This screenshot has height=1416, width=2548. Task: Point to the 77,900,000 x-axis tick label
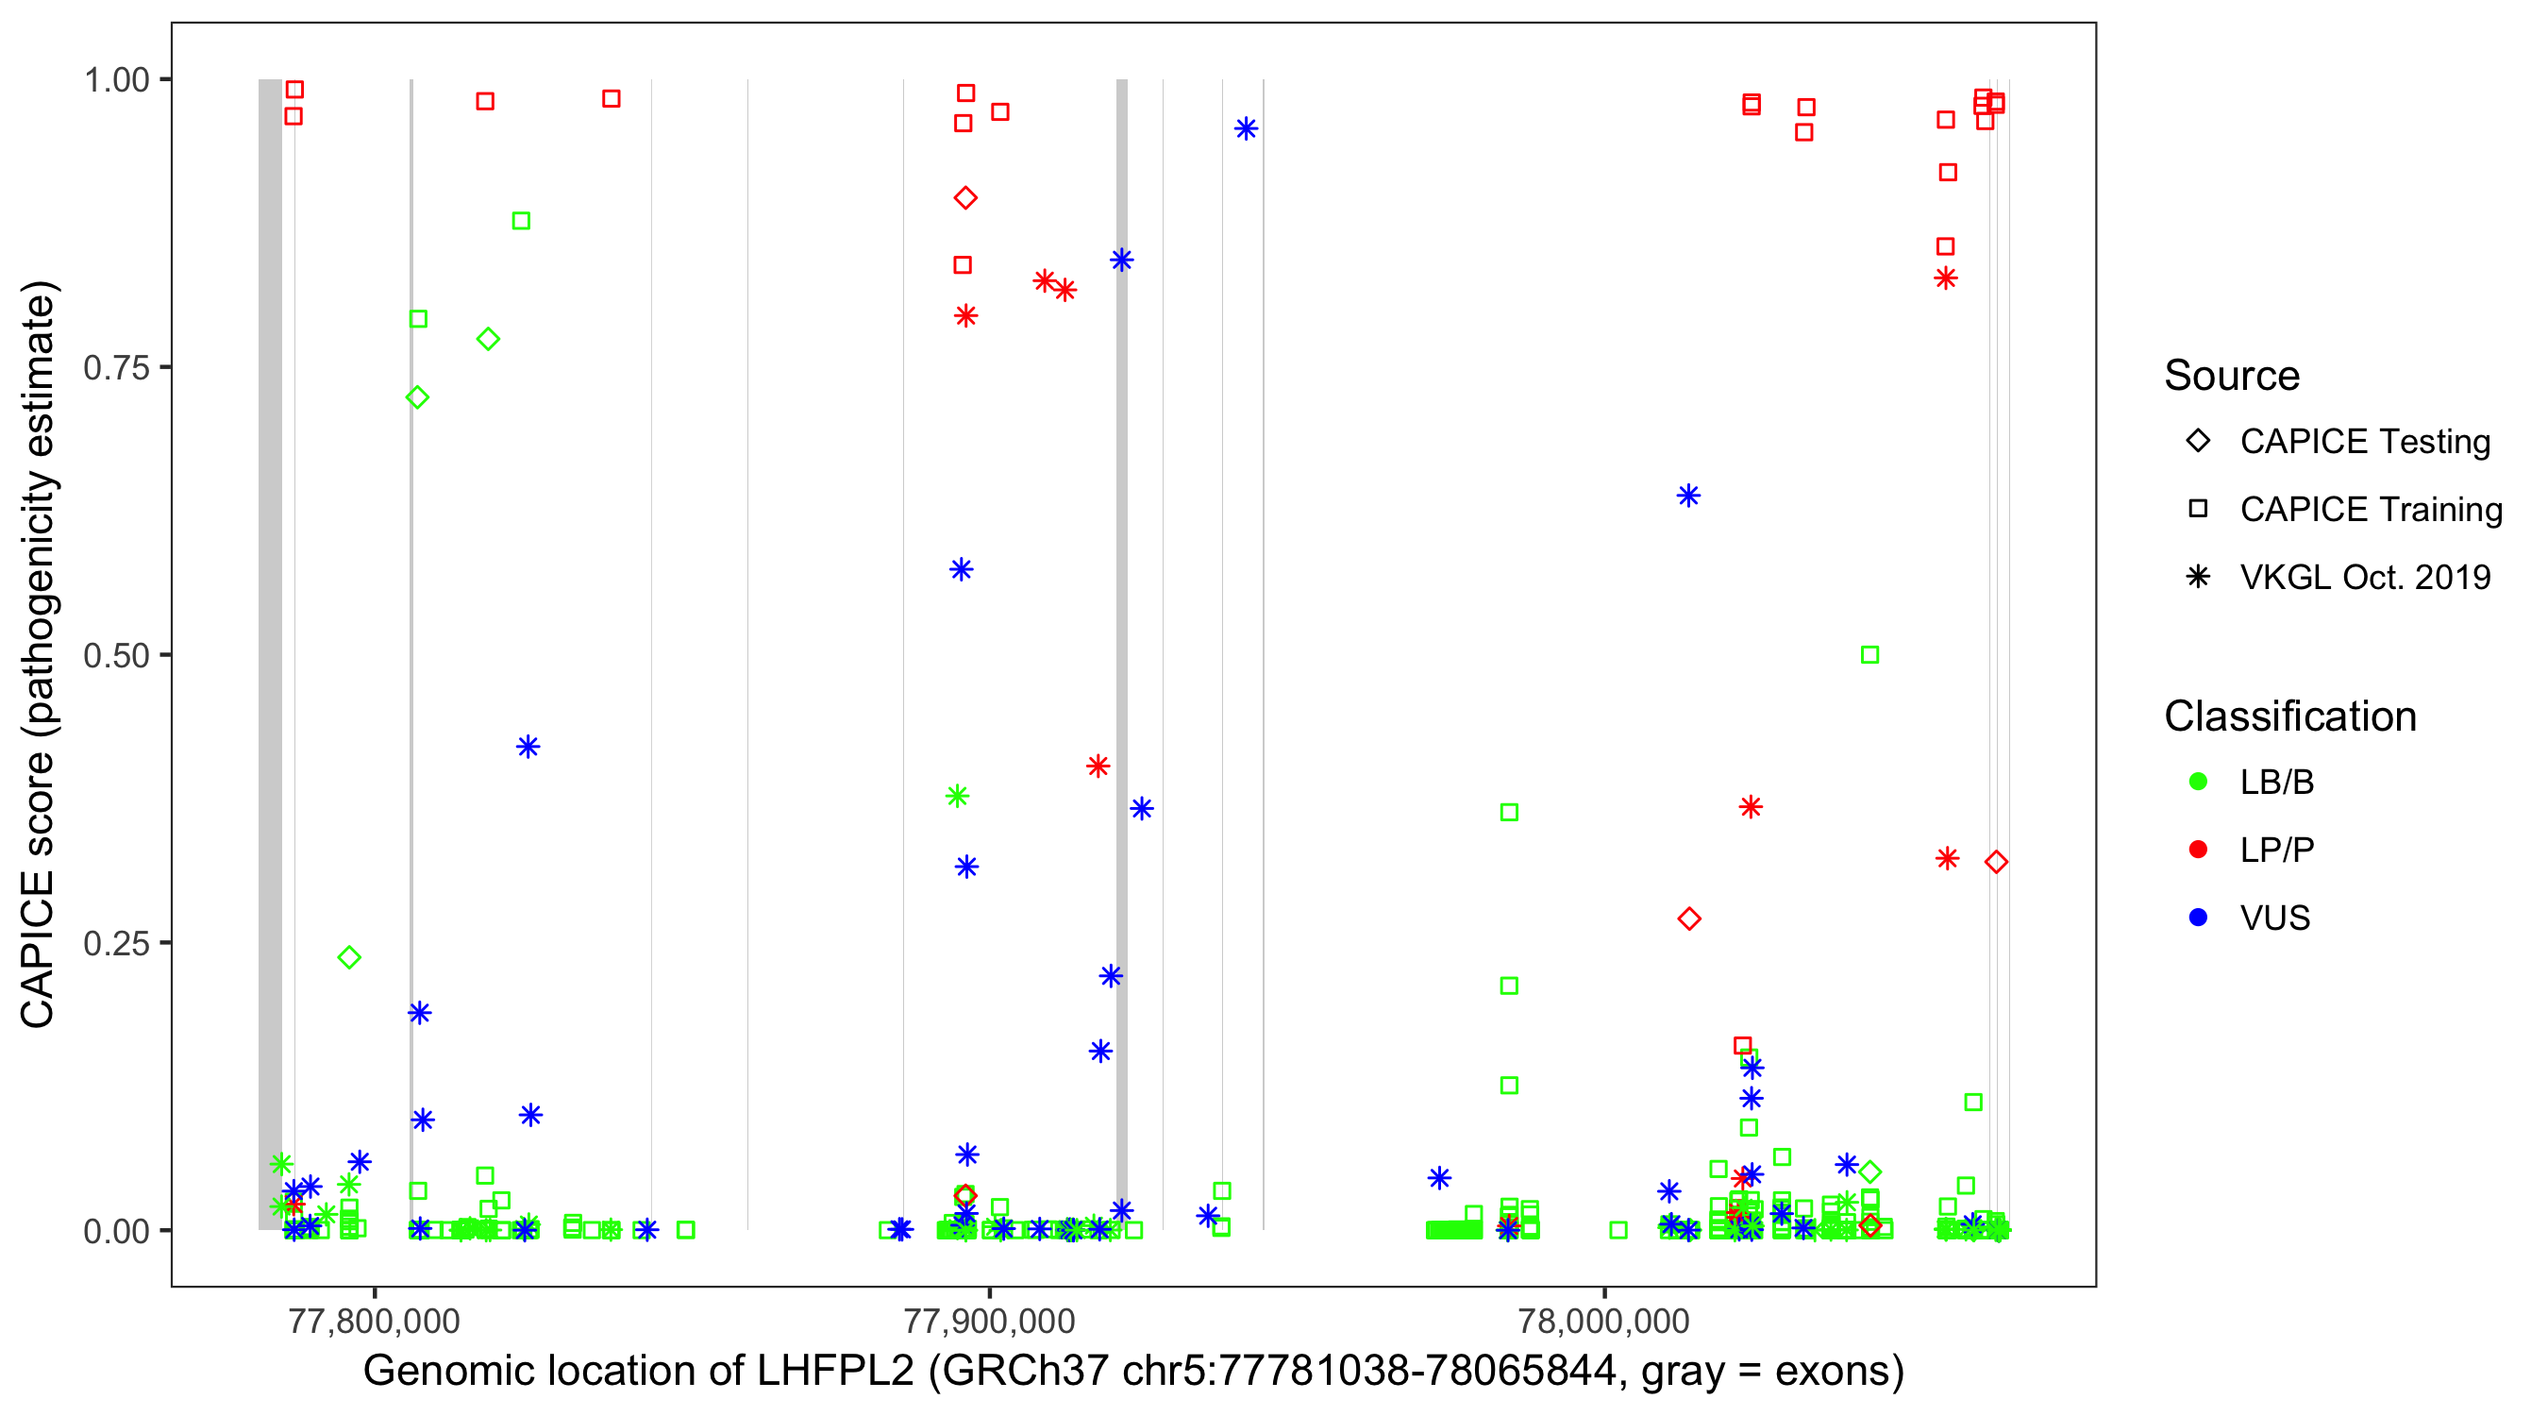(x=989, y=1321)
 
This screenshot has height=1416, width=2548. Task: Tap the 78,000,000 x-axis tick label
(x=1603, y=1321)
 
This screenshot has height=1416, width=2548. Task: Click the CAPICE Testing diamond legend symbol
(x=2198, y=442)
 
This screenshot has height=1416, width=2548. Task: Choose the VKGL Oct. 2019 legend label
(x=2365, y=577)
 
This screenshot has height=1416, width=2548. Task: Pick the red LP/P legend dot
(x=2198, y=850)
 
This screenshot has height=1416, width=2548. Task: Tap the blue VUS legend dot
(x=2198, y=918)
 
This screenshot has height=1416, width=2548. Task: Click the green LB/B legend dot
(x=2198, y=782)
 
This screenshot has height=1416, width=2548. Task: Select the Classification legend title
(x=2289, y=716)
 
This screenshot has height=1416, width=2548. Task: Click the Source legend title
(x=2232, y=376)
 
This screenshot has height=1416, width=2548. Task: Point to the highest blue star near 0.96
(x=1247, y=128)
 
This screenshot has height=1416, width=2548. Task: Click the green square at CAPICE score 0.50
(x=1869, y=655)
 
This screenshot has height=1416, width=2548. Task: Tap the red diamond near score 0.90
(x=965, y=198)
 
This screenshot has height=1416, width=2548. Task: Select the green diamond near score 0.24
(x=349, y=957)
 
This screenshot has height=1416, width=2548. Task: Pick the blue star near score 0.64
(x=1688, y=495)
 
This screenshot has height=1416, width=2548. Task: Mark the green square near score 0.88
(x=521, y=221)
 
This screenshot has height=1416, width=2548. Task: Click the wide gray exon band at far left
(x=270, y=653)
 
